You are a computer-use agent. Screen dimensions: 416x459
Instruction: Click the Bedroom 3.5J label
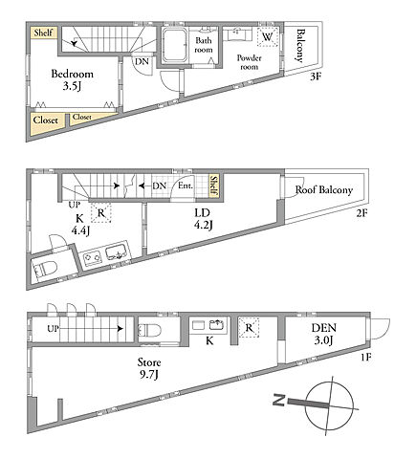pos(72,79)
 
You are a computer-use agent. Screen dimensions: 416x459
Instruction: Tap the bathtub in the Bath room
pos(174,45)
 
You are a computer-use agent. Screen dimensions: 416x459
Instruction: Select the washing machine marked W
pos(268,37)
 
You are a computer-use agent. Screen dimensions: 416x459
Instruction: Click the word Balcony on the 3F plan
pos(300,46)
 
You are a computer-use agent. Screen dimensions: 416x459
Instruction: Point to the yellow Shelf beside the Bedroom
pos(44,33)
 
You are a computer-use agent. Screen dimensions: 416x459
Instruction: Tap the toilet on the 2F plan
pos(45,268)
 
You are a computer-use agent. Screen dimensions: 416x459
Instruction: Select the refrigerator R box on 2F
pos(101,212)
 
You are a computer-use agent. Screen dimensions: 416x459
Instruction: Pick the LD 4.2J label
pos(203,219)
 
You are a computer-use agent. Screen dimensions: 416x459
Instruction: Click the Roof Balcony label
pos(324,190)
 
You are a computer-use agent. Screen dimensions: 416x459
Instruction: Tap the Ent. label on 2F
pos(186,186)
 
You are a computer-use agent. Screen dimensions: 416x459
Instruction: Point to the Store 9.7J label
pos(149,368)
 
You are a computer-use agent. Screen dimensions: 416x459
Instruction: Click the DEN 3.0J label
pos(324,334)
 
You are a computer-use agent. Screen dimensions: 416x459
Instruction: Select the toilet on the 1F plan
pos(149,330)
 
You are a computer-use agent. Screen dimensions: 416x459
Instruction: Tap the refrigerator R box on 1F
pos(249,327)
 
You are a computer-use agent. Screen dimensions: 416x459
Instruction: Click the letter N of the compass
pos(279,400)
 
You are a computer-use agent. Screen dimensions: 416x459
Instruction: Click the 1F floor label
pos(366,358)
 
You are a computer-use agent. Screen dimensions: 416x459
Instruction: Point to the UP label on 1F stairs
pos(53,328)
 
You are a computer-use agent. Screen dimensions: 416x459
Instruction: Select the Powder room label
pos(249,62)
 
